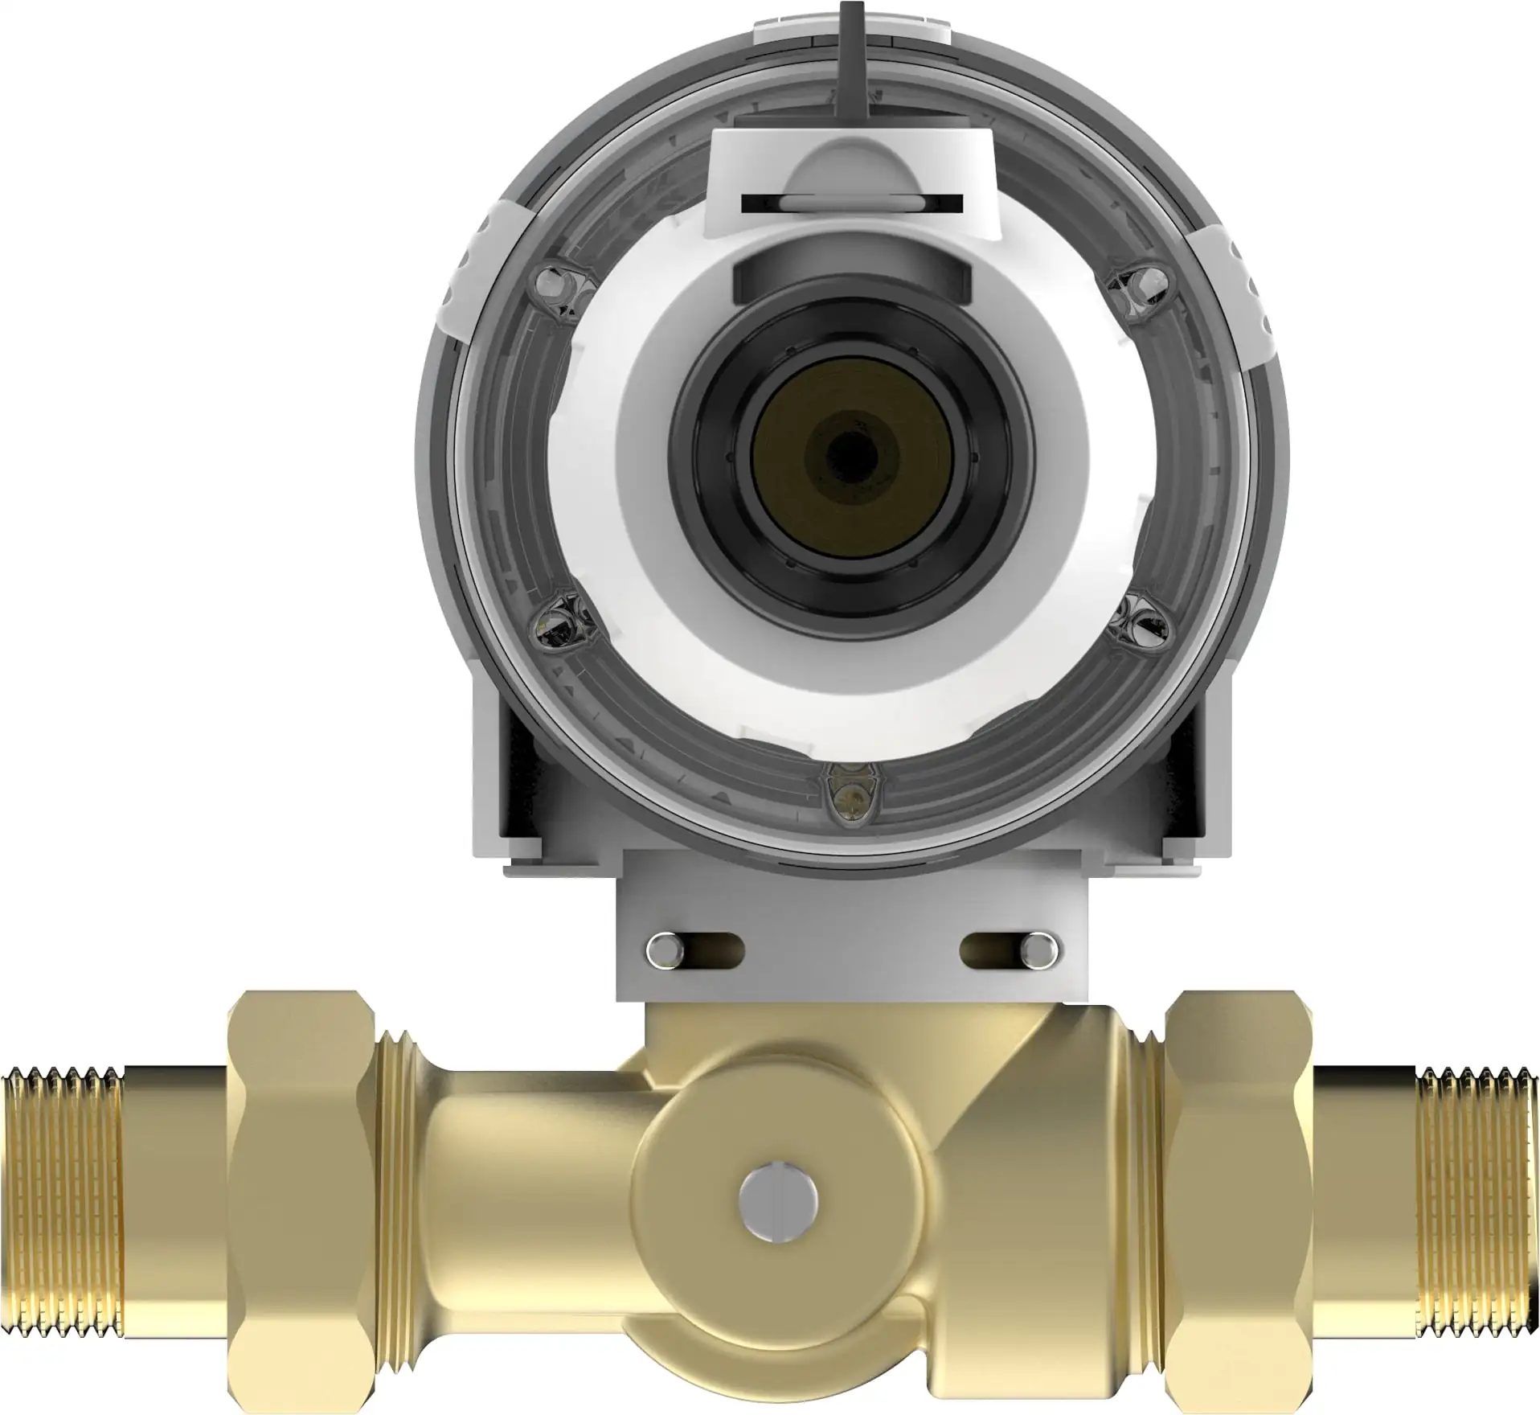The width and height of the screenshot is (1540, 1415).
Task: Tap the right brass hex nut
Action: [x=1238, y=1198]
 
